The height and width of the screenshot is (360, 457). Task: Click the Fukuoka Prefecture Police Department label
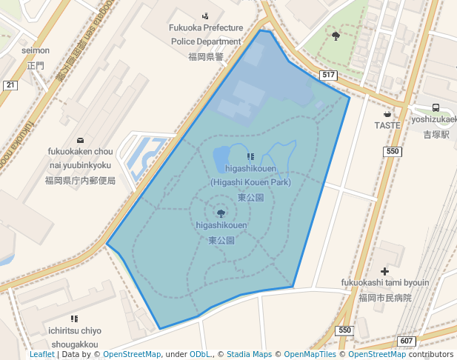[x=206, y=35]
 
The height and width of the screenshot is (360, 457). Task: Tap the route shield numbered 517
[x=329, y=76]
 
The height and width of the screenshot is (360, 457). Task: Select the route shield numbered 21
[x=10, y=85]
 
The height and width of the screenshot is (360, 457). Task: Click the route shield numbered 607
[x=405, y=341]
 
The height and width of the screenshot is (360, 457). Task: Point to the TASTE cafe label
[x=387, y=125]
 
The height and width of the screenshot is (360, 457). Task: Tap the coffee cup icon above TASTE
[x=387, y=114]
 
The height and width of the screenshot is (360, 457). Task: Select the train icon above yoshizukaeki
[x=436, y=107]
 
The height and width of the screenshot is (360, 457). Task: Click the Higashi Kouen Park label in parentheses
[x=250, y=181]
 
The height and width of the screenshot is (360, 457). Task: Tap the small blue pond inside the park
[x=221, y=158]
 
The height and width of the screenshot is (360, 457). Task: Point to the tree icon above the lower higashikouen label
[x=221, y=213]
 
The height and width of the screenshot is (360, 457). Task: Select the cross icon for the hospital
[x=384, y=271]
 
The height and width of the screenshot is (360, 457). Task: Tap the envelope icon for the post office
[x=80, y=140]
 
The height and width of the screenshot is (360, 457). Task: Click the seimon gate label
[x=36, y=50]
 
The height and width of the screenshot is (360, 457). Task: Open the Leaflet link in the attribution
[x=42, y=354]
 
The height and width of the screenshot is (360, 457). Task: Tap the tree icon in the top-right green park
[x=336, y=35]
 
